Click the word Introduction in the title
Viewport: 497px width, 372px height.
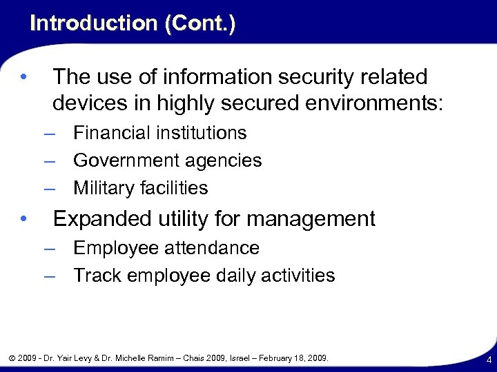(x=94, y=23)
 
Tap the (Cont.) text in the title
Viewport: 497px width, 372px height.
(x=200, y=23)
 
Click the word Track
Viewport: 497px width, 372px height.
(x=95, y=276)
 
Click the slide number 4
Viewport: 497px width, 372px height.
(x=488, y=360)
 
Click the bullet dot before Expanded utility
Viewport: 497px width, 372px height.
(x=23, y=219)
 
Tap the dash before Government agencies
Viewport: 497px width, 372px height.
(x=49, y=161)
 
